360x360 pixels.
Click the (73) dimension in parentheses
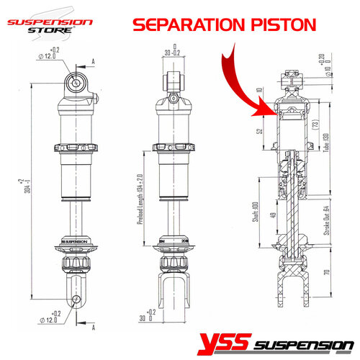[315, 124]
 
